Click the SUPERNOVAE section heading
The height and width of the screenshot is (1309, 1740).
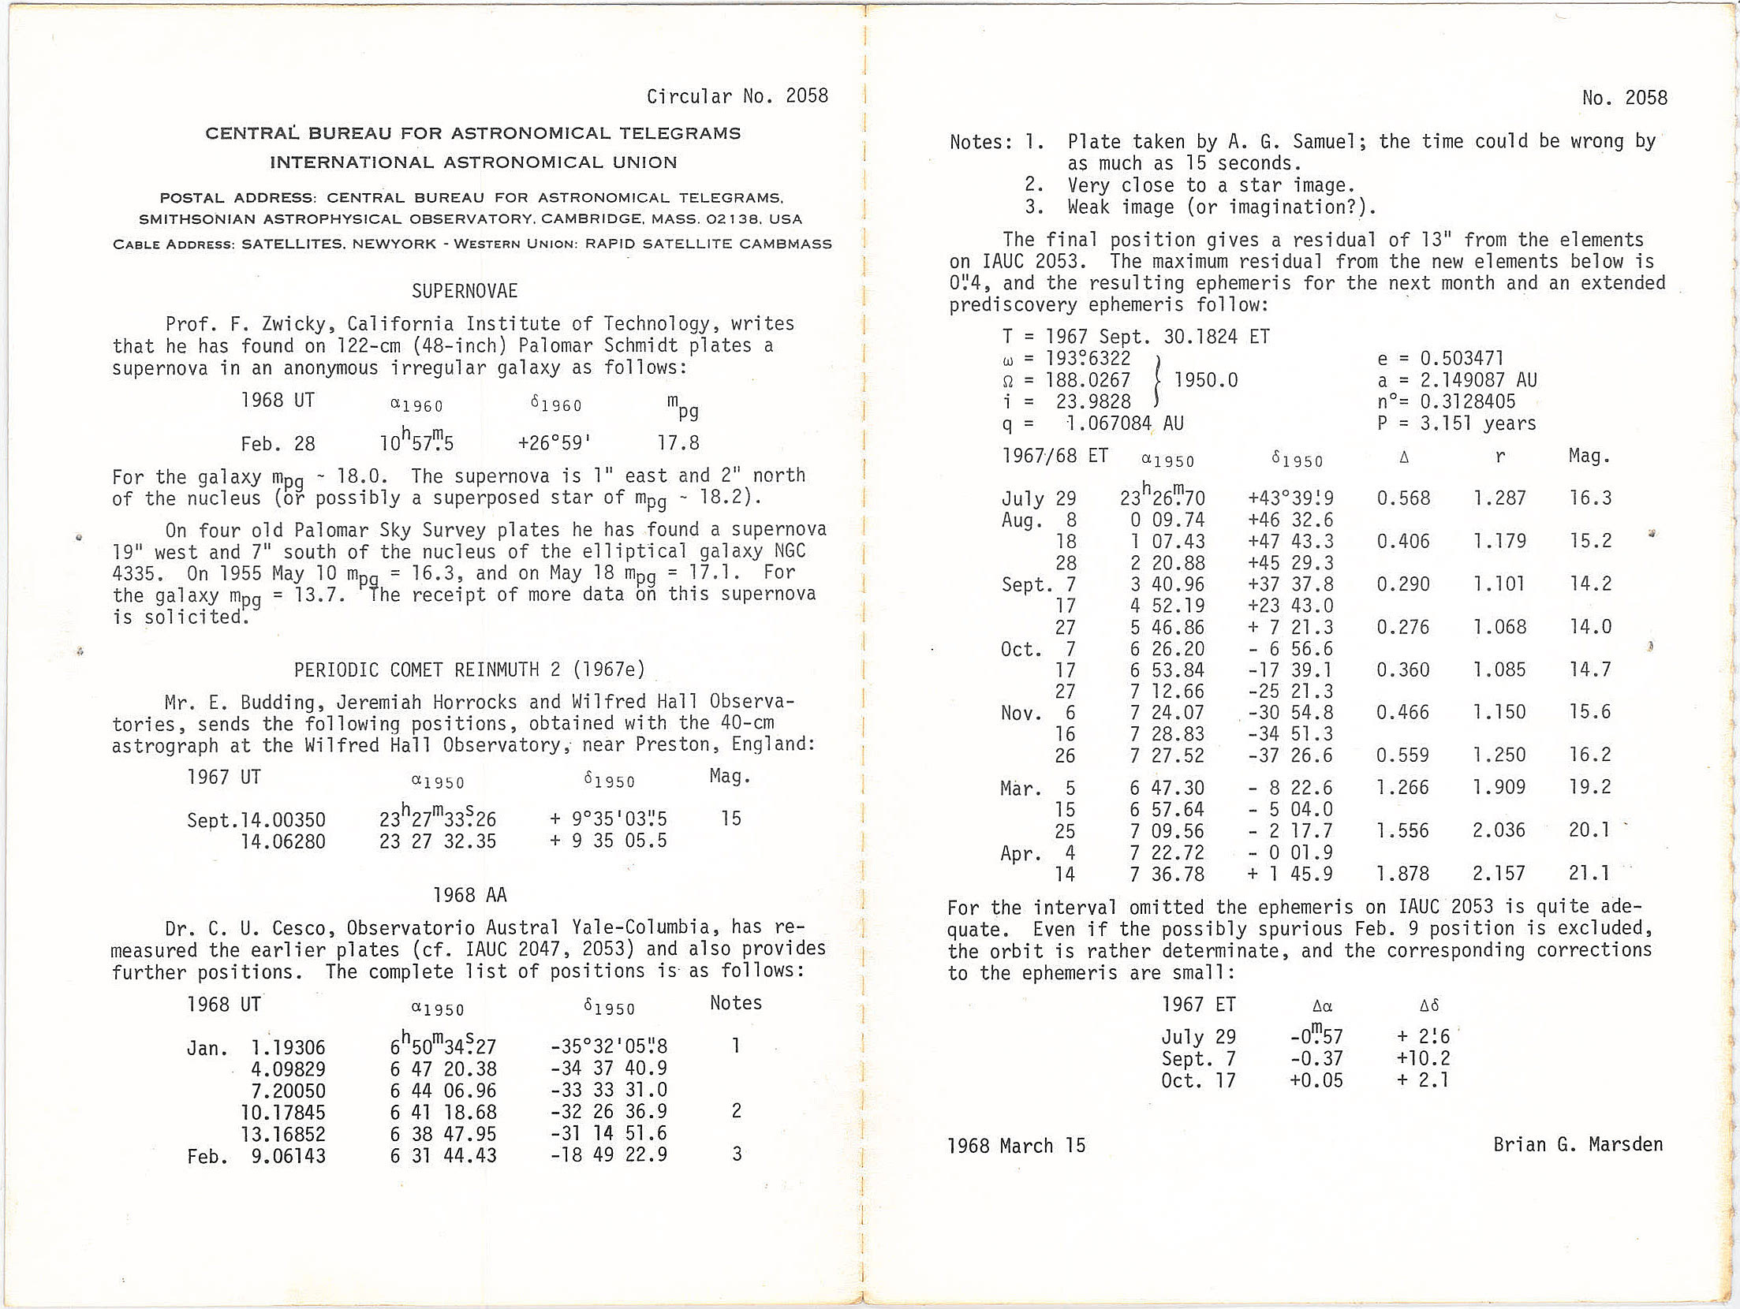[x=465, y=291]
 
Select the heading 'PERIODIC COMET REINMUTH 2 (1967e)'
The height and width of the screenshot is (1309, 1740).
[x=469, y=669]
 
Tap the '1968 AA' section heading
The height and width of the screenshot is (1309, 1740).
[x=469, y=894]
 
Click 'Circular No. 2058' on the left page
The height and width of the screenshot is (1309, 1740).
[x=737, y=96]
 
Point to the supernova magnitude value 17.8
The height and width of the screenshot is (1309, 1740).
[x=678, y=442]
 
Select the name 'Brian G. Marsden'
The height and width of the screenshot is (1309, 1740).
[x=1578, y=1144]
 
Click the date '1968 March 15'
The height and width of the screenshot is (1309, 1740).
[x=1016, y=1146]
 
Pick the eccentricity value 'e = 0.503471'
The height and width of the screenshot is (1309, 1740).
[x=1440, y=359]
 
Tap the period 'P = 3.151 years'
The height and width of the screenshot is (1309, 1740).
[x=1456, y=423]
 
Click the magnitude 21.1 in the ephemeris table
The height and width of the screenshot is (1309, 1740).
[x=1589, y=873]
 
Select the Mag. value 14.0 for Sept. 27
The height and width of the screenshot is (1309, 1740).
[x=1589, y=627]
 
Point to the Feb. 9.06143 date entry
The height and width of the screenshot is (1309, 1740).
[x=256, y=1156]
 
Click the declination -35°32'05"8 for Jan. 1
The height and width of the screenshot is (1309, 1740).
[x=608, y=1046]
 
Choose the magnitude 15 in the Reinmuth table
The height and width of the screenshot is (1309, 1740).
[x=730, y=819]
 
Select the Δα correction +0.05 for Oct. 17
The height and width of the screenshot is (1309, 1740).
[x=1316, y=1080]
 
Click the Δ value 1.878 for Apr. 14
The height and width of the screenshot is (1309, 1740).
[x=1402, y=873]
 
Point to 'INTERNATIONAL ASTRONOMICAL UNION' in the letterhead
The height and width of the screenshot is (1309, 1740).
[x=473, y=162]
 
